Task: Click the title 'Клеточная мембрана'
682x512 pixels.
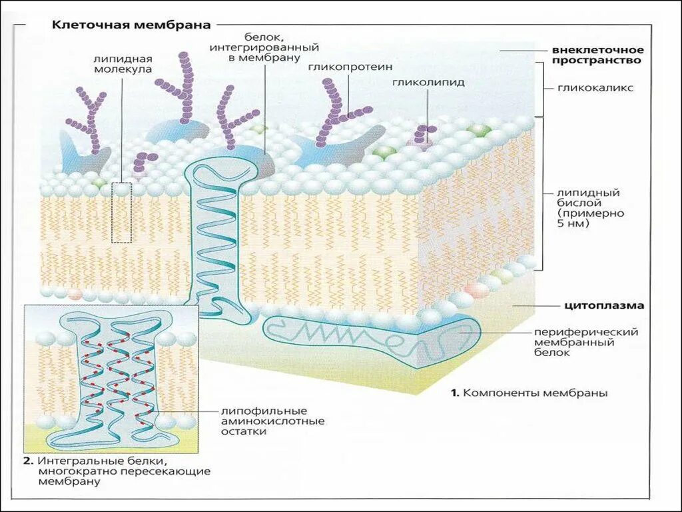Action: [x=131, y=25]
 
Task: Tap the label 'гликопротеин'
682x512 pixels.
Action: [x=350, y=67]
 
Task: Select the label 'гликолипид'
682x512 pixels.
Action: [x=428, y=83]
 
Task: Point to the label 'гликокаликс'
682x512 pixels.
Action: [x=596, y=87]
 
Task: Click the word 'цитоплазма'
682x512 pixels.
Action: [x=604, y=306]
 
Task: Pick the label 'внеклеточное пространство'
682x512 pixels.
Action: [x=596, y=55]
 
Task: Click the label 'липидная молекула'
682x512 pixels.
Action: [x=123, y=63]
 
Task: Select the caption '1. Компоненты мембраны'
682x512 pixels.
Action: [x=529, y=393]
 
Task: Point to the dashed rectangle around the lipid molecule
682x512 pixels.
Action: [x=121, y=213]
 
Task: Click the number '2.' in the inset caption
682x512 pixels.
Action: [x=29, y=461]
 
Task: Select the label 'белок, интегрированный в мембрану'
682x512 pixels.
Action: [x=264, y=48]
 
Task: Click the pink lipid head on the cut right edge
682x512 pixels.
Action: [x=476, y=290]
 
